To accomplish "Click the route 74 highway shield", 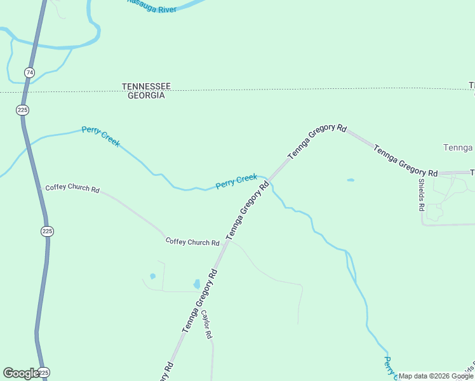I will [x=29, y=72].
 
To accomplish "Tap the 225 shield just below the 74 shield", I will [x=23, y=110].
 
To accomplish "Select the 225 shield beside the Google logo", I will [x=43, y=372].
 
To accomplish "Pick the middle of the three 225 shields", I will [x=47, y=231].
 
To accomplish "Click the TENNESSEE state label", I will [x=146, y=86].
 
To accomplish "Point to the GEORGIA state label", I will [x=146, y=95].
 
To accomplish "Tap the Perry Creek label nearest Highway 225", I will [x=101, y=137].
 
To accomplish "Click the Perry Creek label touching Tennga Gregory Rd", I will [x=236, y=182].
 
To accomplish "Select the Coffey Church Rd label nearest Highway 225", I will [x=72, y=189].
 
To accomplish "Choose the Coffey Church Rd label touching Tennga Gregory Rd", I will [x=192, y=242].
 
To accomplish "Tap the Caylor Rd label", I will [x=206, y=324].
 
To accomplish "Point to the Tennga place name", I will [x=457, y=147].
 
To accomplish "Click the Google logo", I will [x=21, y=373].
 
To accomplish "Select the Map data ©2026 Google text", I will [x=436, y=376].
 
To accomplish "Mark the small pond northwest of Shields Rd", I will [x=351, y=180].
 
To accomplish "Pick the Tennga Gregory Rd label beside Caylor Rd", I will [x=200, y=301].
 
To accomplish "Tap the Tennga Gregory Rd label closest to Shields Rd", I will [x=405, y=161].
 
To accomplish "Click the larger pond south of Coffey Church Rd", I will [x=197, y=284].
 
